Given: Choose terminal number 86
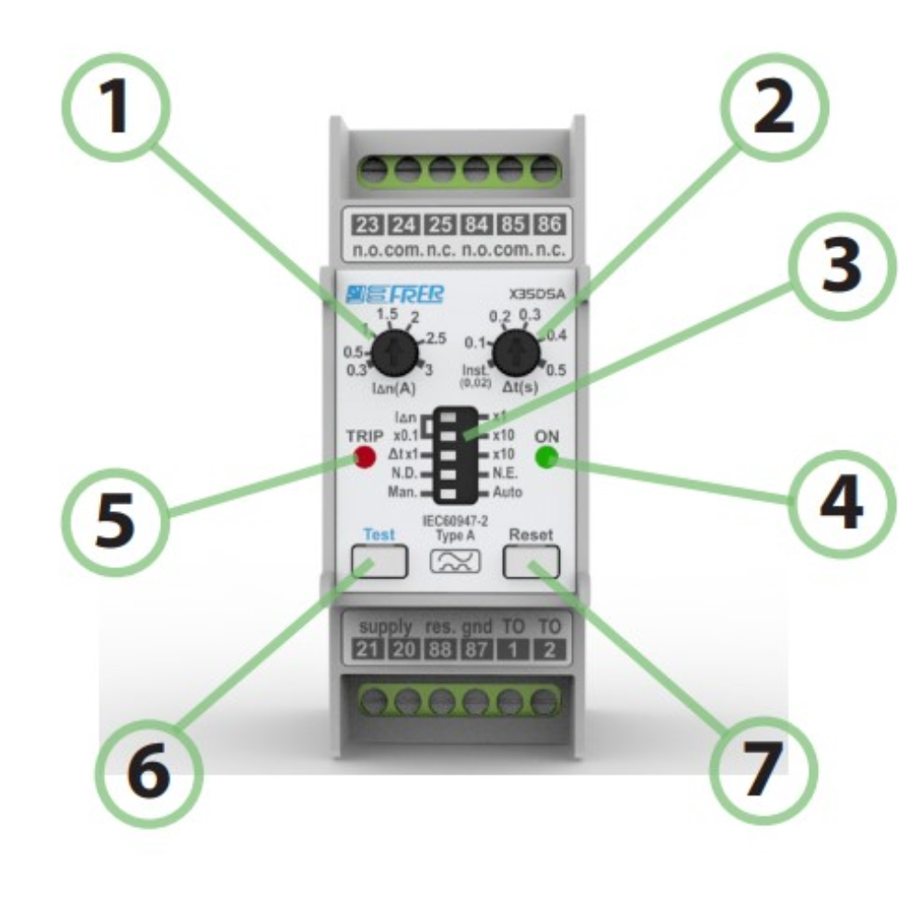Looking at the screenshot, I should coord(549,226).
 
